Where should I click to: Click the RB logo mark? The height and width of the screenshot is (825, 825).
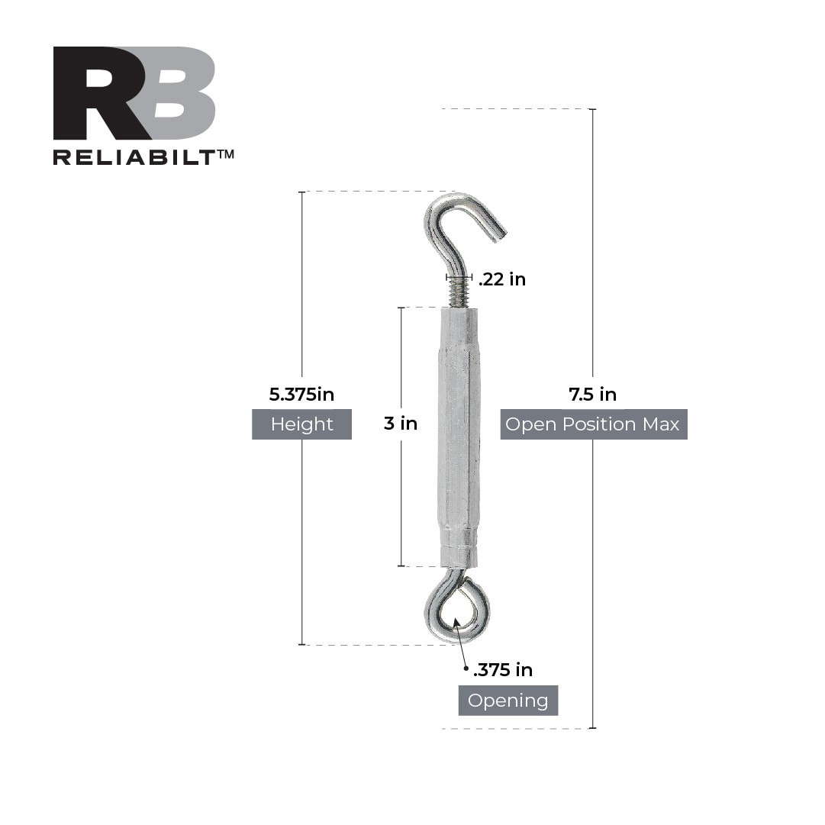click(134, 93)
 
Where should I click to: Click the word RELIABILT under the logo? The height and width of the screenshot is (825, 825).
click(134, 156)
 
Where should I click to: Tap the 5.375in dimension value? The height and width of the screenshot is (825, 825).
click(301, 395)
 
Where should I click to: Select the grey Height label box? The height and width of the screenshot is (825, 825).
click(301, 424)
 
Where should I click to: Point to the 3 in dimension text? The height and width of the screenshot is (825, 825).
click(401, 423)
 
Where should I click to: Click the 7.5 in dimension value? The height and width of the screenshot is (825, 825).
click(592, 395)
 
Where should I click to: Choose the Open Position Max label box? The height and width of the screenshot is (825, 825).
click(593, 424)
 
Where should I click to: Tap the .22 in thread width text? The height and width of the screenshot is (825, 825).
click(502, 279)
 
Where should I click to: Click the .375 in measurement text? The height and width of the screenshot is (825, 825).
click(503, 670)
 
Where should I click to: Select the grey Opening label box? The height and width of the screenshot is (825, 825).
click(508, 701)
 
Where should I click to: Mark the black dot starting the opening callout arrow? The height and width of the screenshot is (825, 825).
click(466, 669)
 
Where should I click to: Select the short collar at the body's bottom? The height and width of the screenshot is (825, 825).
click(459, 556)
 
